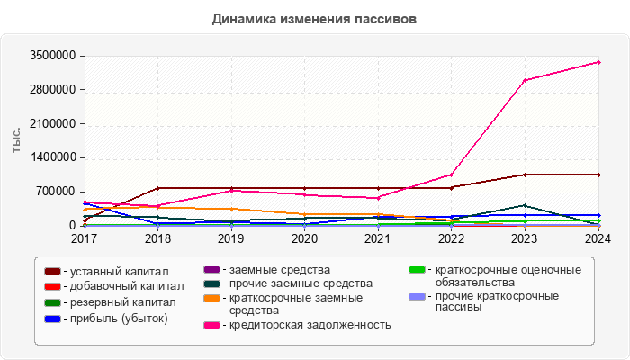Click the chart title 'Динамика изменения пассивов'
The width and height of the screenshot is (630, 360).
[x=314, y=18]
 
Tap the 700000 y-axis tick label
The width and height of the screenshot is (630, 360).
[x=53, y=192]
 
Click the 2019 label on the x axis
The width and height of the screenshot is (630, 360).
[x=231, y=239]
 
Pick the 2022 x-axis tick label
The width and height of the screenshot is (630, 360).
[x=452, y=239]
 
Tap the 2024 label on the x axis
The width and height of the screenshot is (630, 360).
[x=598, y=239]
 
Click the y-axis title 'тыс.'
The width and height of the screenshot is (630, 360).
[x=17, y=140]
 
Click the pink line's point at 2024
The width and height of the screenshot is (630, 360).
[x=598, y=62]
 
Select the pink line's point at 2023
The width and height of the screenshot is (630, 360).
[x=526, y=80]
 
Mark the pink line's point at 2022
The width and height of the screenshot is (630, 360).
[x=452, y=175]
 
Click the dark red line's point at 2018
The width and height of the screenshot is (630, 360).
[x=158, y=188]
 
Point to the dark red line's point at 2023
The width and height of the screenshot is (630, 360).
[x=526, y=175]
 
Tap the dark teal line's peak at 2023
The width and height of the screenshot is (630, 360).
[x=526, y=205]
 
